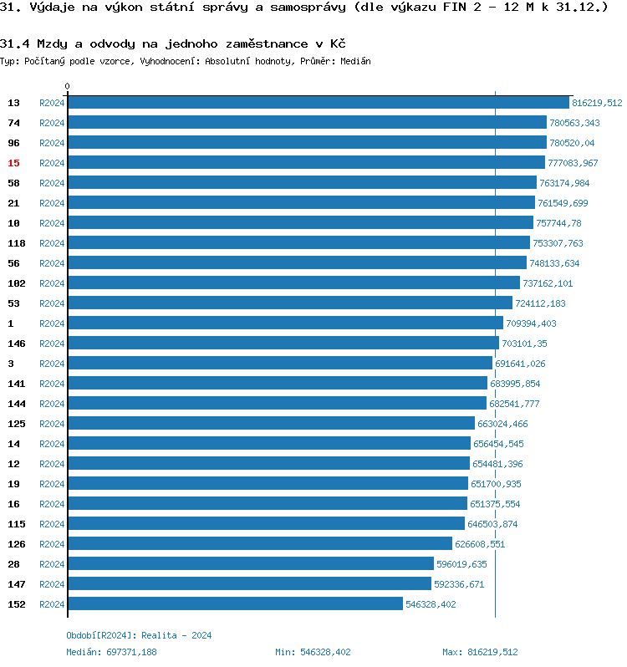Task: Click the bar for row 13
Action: [318, 103]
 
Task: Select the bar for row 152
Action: [235, 604]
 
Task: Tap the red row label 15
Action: [13, 163]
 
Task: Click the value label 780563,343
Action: [574, 123]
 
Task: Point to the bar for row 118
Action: [298, 243]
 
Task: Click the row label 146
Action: [16, 344]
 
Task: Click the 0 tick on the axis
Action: [68, 86]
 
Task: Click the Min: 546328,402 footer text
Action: [313, 652]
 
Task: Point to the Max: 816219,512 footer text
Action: [480, 652]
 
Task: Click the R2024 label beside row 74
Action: [52, 123]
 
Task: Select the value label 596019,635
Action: [461, 564]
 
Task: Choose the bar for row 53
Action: [289, 303]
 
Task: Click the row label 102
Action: [16, 283]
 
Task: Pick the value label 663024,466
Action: [502, 424]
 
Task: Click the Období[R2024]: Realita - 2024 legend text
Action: [139, 635]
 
